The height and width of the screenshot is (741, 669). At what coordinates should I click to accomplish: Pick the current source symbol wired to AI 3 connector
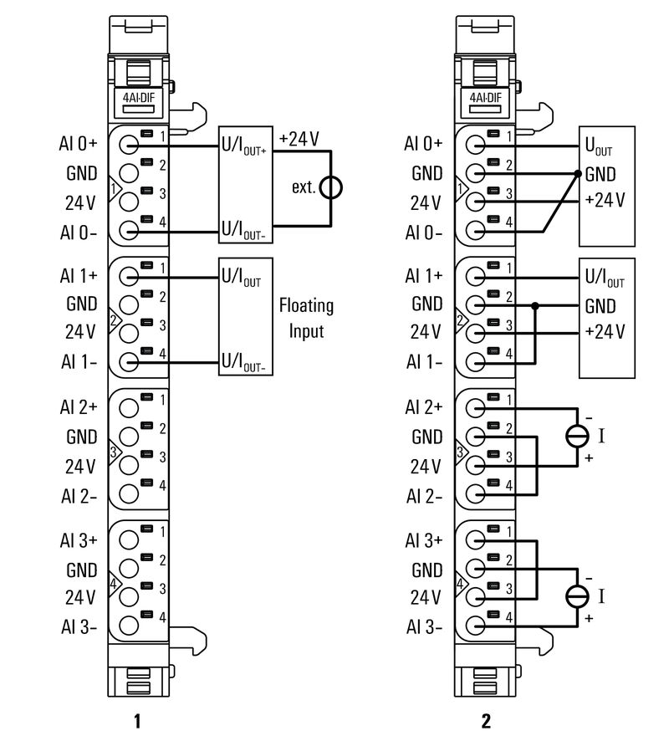577,595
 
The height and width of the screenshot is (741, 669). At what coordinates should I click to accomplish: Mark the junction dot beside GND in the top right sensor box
578,174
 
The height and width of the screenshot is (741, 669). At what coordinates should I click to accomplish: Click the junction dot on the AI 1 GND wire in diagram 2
536,306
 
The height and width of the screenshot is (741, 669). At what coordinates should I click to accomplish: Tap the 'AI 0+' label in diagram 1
79,143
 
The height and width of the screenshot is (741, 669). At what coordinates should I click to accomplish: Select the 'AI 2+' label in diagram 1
79,407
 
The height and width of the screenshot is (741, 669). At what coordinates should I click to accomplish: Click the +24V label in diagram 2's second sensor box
605,331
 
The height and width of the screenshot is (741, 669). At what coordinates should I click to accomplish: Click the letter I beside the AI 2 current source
602,435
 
